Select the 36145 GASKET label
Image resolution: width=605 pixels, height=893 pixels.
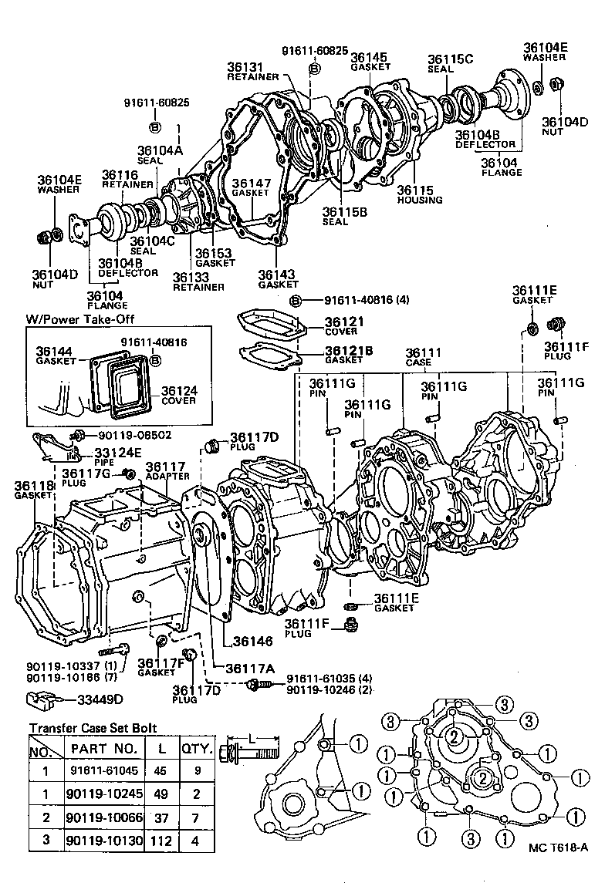point(370,61)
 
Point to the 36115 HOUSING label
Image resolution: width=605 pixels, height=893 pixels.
point(420,194)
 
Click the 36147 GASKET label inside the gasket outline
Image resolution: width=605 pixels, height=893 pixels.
point(252,187)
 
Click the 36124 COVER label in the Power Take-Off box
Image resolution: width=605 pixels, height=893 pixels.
point(179,396)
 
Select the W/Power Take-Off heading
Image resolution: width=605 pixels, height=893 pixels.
point(72,319)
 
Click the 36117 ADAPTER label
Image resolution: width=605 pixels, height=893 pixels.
point(165,470)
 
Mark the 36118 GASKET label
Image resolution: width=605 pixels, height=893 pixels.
point(32,490)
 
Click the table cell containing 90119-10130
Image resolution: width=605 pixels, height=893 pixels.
point(103,840)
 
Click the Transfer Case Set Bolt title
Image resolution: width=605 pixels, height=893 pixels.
point(93,726)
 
